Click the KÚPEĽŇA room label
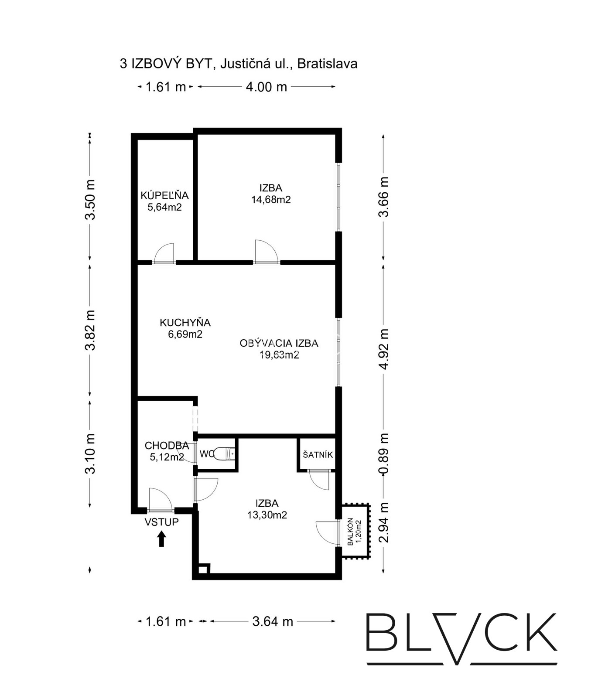pyautogui.click(x=164, y=195)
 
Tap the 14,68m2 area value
pyautogui.click(x=271, y=200)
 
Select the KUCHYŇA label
pyautogui.click(x=185, y=323)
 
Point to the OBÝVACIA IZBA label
pyautogui.click(x=279, y=343)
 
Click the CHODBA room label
pyautogui.click(x=167, y=446)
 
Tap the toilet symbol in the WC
pyautogui.click(x=225, y=454)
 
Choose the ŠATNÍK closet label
pyautogui.click(x=318, y=454)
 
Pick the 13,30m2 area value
pyautogui.click(x=267, y=515)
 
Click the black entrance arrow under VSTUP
pyautogui.click(x=161, y=539)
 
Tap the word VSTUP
pyautogui.click(x=162, y=522)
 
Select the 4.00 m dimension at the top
pyautogui.click(x=267, y=87)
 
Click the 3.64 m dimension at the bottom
pyautogui.click(x=273, y=621)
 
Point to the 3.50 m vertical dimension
pyautogui.click(x=90, y=200)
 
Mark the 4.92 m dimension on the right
pyautogui.click(x=383, y=349)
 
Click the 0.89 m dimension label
pyautogui.click(x=383, y=453)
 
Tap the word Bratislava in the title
pyautogui.click(x=327, y=64)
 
